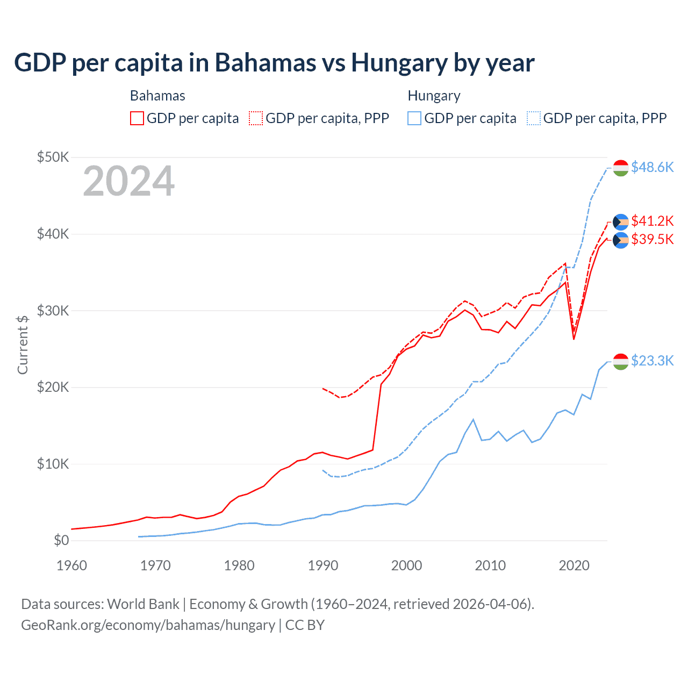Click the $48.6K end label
pyautogui.click(x=652, y=167)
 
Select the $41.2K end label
pyautogui.click(x=652, y=221)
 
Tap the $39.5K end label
pyautogui.click(x=652, y=239)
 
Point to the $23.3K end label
pyautogui.click(x=652, y=361)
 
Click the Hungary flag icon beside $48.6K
pyautogui.click(x=621, y=168)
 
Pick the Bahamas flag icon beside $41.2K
pyautogui.click(x=621, y=221)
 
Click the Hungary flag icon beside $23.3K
pyautogui.click(x=621, y=362)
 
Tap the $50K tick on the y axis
pyautogui.click(x=53, y=157)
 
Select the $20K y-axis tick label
pyautogui.click(x=53, y=387)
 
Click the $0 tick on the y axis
pyautogui.click(x=61, y=540)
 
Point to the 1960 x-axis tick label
pyautogui.click(x=71, y=565)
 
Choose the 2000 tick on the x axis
pyautogui.click(x=406, y=565)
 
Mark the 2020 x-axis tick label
pyautogui.click(x=574, y=565)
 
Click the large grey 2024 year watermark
pyautogui.click(x=128, y=181)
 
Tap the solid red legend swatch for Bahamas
pyautogui.click(x=137, y=118)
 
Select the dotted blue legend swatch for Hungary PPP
pyautogui.click(x=534, y=118)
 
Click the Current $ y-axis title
pyautogui.click(x=23, y=345)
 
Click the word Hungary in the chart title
pyautogui.click(x=399, y=63)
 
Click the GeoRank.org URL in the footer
pyautogui.click(x=148, y=625)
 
